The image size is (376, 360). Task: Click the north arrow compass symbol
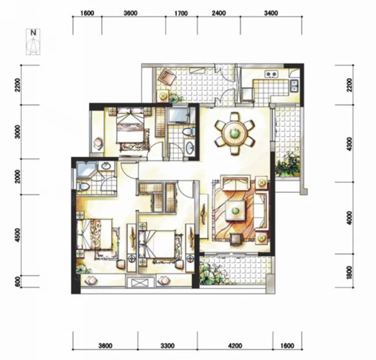point(34,42)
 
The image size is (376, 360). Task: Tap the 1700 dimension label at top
point(181,13)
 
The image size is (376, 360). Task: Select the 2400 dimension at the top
point(219,13)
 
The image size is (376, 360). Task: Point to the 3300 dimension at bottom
point(168,345)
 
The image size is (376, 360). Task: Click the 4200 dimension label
point(235,345)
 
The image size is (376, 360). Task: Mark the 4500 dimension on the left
point(18,235)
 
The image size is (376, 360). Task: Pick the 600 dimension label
point(18,281)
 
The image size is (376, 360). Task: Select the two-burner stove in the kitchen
point(271,74)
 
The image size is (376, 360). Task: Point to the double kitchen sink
point(294,85)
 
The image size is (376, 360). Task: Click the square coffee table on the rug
point(235,210)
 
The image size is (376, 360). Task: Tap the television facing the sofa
point(235,239)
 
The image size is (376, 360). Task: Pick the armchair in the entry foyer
point(167,75)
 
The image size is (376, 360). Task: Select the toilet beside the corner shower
point(83,185)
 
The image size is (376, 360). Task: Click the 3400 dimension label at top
point(271,13)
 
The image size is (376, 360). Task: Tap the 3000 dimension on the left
point(18,131)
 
